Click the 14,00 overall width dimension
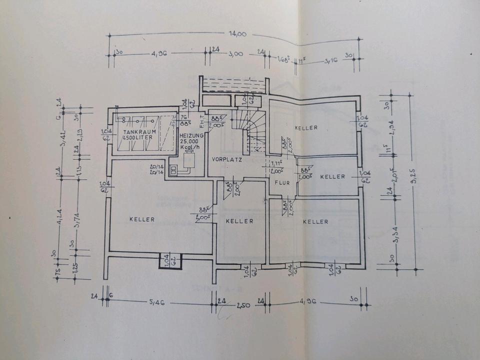238,34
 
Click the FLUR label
282,183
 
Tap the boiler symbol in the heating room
189,161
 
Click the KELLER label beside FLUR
332,177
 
